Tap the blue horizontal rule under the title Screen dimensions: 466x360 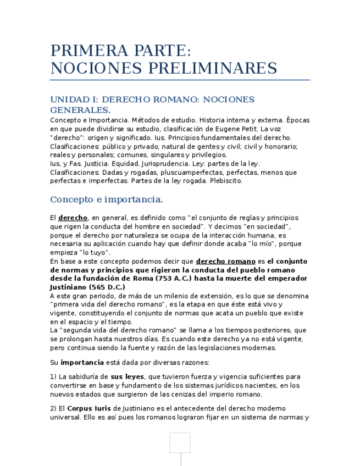[x=180, y=80]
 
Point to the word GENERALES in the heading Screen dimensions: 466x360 [x=79, y=110]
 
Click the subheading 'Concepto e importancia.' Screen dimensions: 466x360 [x=106, y=199]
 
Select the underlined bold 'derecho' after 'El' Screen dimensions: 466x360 [x=73, y=218]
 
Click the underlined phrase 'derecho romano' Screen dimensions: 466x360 [x=225, y=262]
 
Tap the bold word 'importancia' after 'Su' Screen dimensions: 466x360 [x=82, y=363]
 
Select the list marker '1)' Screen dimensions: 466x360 [x=53, y=377]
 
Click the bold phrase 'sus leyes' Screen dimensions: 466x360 [x=127, y=377]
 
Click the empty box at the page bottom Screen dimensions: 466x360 [x=180, y=442]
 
